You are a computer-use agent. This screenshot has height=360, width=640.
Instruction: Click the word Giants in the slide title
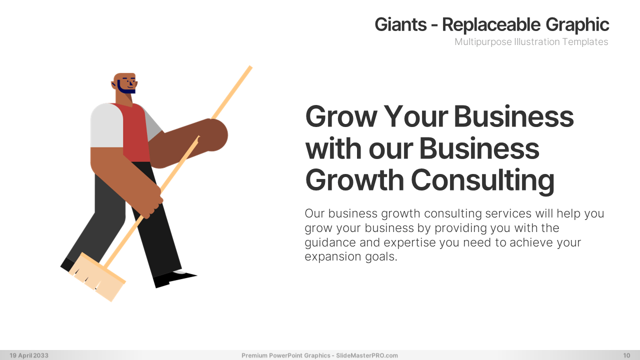(400, 24)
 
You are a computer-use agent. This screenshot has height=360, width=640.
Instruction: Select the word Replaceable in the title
(491, 24)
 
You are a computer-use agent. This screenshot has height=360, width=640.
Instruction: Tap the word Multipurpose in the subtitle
(483, 42)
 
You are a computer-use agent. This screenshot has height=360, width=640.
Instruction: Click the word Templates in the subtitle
(585, 41)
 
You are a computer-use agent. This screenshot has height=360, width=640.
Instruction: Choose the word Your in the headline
(415, 116)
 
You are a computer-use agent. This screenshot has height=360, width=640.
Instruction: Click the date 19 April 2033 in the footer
(29, 355)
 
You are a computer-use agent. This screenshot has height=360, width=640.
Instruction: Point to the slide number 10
(626, 355)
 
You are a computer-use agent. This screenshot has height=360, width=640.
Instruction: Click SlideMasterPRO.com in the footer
(367, 355)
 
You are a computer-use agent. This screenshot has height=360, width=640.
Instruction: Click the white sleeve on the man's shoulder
(106, 125)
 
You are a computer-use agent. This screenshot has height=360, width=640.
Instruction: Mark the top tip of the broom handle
(250, 67)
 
